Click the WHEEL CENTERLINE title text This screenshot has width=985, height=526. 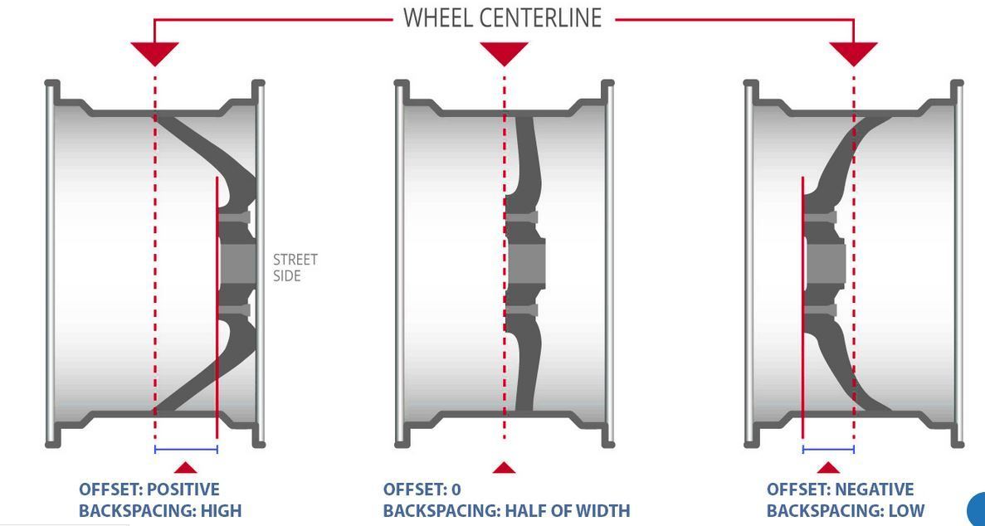point(502,17)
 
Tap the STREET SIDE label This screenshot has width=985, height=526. point(295,267)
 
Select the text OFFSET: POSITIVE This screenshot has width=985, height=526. point(149,489)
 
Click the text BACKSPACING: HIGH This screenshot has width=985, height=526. point(160,510)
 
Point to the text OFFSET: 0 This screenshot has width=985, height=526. point(422,489)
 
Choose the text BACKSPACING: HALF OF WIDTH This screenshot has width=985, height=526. point(506,510)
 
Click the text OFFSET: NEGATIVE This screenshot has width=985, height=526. point(840,489)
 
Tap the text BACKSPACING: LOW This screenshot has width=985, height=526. point(845,510)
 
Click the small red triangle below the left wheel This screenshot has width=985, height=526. point(186,469)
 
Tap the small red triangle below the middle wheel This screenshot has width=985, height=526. point(504,469)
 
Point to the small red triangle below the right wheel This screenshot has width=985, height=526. point(828,469)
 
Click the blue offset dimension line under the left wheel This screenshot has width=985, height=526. point(186,450)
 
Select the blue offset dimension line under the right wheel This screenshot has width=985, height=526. point(828,450)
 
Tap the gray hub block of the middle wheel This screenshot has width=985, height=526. point(526,264)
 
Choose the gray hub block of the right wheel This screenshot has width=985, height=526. point(826,264)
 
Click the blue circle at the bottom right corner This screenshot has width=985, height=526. point(978,509)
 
